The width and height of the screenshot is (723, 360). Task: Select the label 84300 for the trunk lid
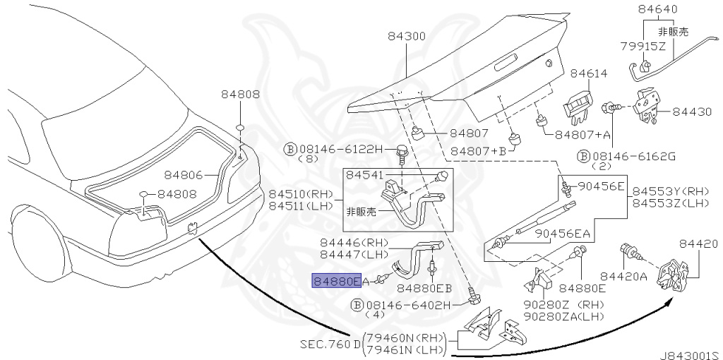tap(406, 36)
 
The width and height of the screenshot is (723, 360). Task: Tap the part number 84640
tap(657, 10)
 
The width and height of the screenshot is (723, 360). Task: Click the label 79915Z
tap(643, 47)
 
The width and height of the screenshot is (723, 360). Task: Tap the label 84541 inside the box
tap(366, 176)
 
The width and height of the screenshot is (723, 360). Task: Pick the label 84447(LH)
tap(344, 253)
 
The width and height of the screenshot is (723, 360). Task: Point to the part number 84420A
tap(623, 277)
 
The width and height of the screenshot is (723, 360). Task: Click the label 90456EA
tap(563, 234)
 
